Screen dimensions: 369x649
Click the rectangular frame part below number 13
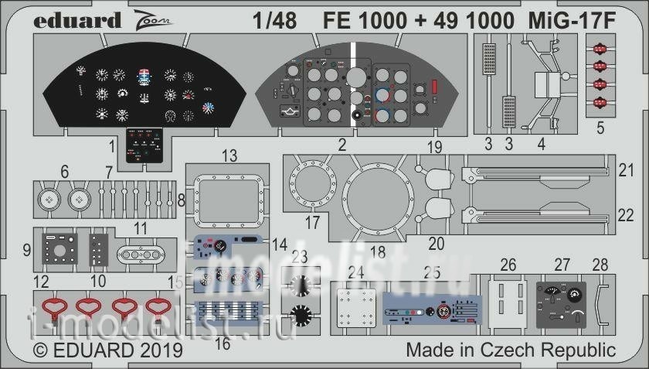pyautogui.click(x=229, y=200)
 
